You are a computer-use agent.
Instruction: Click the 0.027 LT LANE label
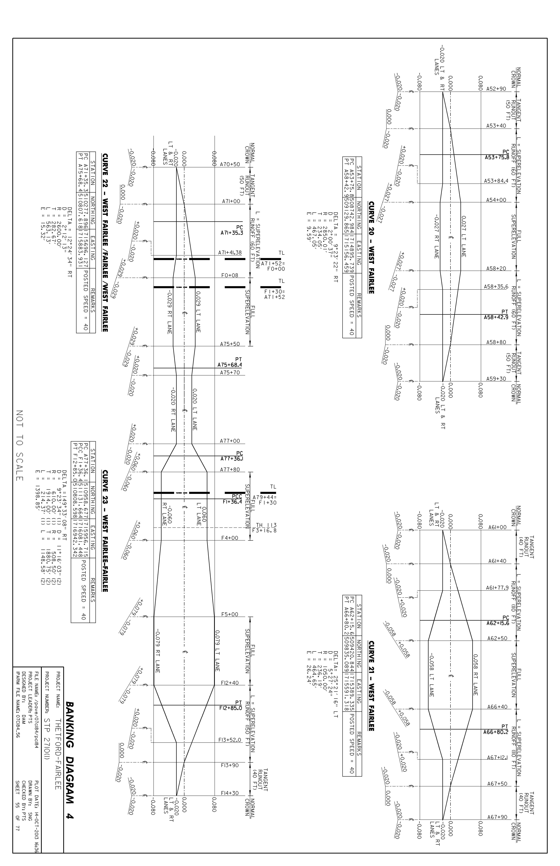(x=464, y=236)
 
